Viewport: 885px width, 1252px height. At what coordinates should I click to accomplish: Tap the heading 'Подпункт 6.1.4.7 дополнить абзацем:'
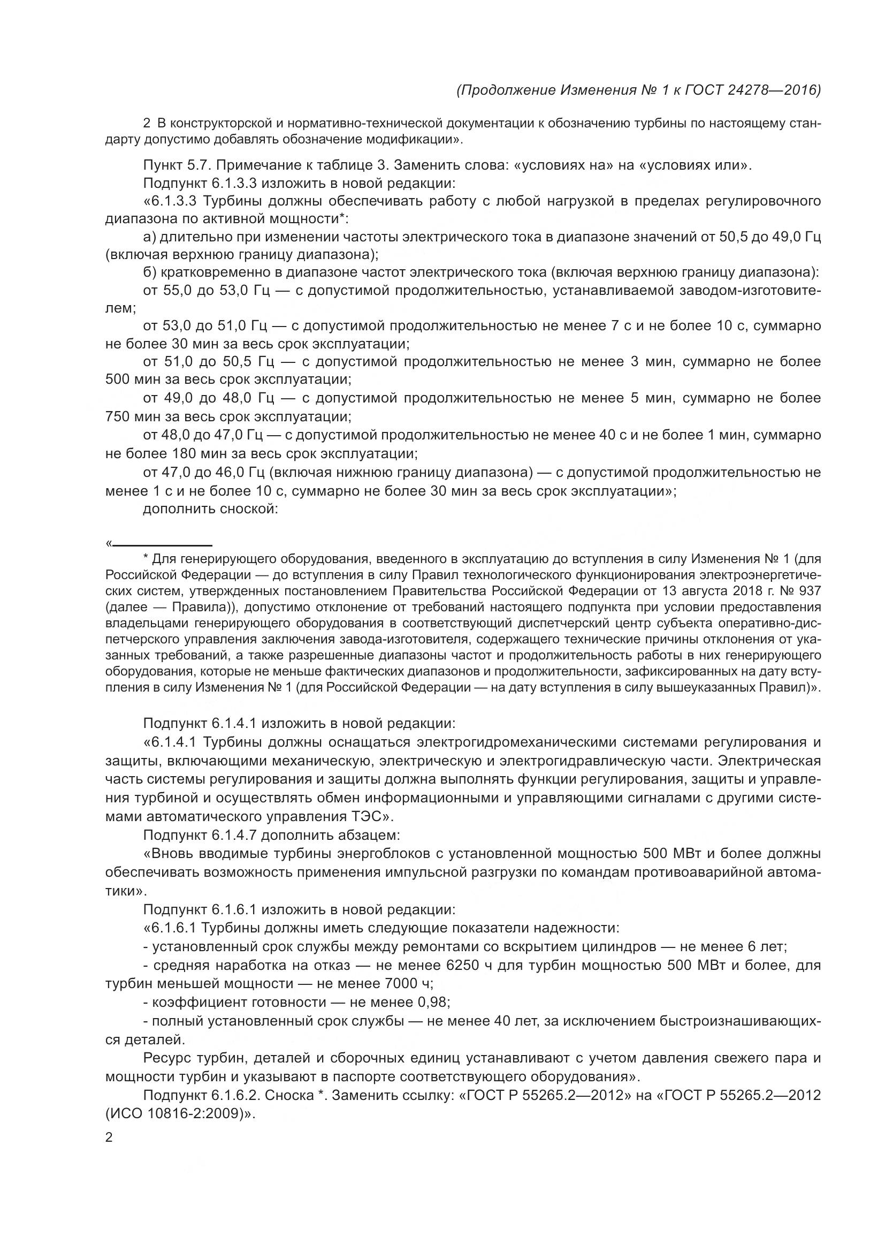click(271, 836)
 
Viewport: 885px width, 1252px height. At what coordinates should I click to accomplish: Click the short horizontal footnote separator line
click(162, 545)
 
